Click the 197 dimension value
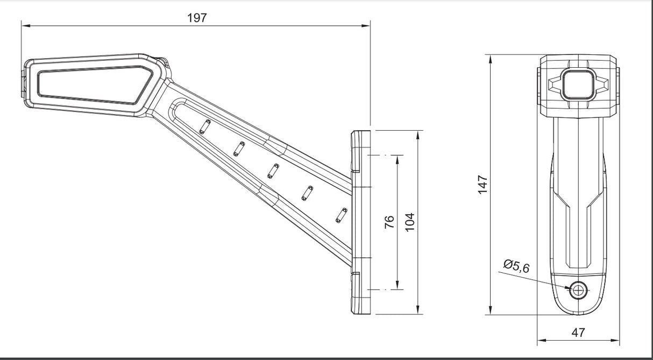click(x=197, y=18)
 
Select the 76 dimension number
click(x=390, y=222)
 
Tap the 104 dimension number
click(x=410, y=222)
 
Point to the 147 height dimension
click(x=482, y=184)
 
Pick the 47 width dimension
click(x=578, y=333)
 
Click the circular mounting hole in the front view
click(x=579, y=290)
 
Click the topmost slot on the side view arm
click(x=203, y=127)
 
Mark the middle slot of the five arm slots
click(x=273, y=171)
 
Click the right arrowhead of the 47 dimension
click(x=616, y=340)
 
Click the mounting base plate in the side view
click(x=360, y=222)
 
